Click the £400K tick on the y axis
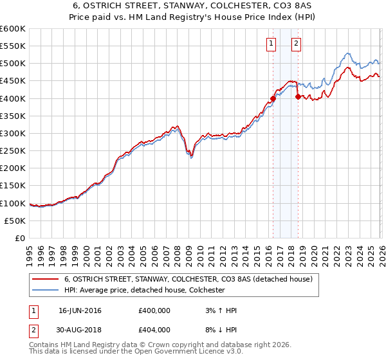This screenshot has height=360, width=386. (x=13, y=98)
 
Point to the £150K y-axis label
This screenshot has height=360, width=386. (x=13, y=186)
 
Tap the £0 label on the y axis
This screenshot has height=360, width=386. (x=20, y=239)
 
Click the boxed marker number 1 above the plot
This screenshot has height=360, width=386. (x=270, y=44)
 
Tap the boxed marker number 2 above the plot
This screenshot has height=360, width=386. (x=296, y=44)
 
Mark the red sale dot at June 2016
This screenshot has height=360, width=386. (x=273, y=99)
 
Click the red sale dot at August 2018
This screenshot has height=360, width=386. (x=298, y=97)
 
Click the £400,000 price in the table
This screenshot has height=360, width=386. (x=154, y=310)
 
